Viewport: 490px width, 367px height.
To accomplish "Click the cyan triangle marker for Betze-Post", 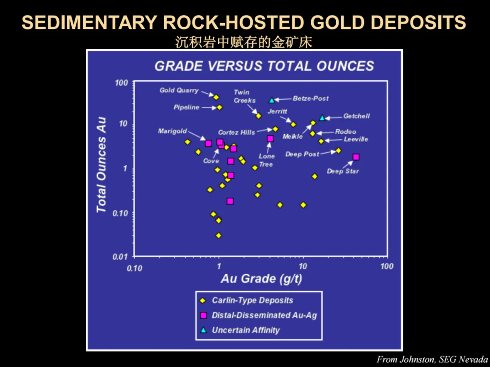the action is (272, 100).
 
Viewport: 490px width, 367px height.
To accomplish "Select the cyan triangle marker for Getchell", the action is (322, 118).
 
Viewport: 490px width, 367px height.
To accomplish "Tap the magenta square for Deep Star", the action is (356, 157).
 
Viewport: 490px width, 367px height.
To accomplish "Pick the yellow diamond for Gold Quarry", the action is (216, 97).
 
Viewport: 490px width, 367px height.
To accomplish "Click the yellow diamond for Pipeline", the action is (220, 107).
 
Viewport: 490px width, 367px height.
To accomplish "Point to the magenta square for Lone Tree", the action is (270, 139).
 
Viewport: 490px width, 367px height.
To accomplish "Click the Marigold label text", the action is (172, 131).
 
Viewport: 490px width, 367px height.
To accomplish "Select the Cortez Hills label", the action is (236, 132).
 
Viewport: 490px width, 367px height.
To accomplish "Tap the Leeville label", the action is (356, 139).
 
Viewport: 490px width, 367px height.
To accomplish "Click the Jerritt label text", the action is (277, 111).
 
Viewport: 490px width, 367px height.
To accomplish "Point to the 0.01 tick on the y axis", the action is (120, 256).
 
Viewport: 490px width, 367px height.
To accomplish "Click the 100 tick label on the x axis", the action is (387, 266).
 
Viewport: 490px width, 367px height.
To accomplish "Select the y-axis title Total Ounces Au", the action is (101, 165).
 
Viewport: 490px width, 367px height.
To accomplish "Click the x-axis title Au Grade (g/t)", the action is (262, 278).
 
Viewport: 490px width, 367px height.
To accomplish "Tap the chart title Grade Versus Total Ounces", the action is (265, 66).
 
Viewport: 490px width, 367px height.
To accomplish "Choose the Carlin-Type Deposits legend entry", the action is (246, 300).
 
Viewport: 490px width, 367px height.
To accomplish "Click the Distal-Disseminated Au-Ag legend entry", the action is (259, 315).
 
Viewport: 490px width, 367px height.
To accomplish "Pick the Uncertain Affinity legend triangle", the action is (203, 330).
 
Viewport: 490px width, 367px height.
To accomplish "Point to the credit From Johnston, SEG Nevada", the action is (432, 359).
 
